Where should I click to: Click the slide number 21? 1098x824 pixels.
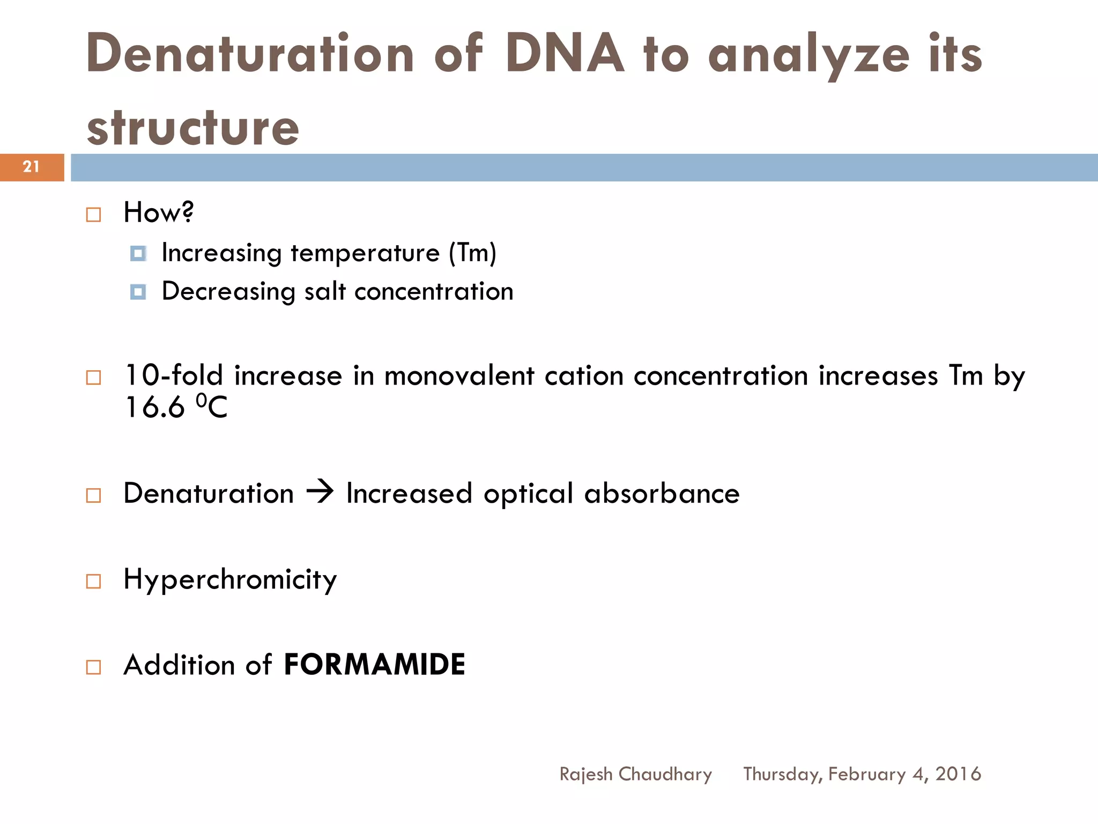pyautogui.click(x=31, y=167)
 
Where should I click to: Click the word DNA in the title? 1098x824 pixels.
pyautogui.click(x=565, y=54)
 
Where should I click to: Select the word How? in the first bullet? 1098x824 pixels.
pyautogui.click(x=158, y=212)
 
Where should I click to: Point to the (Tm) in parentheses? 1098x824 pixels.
pyautogui.click(x=472, y=253)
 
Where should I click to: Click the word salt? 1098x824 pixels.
pyautogui.click(x=324, y=291)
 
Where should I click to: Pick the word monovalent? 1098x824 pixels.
pyautogui.click(x=459, y=375)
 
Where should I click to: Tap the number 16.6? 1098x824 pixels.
pyautogui.click(x=154, y=407)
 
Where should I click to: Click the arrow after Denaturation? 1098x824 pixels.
pyautogui.click(x=320, y=492)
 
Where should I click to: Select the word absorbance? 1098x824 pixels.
pyautogui.click(x=662, y=493)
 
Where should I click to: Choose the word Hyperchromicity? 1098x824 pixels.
pyautogui.click(x=230, y=579)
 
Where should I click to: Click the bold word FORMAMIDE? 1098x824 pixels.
pyautogui.click(x=374, y=665)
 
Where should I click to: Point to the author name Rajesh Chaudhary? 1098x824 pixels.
pyautogui.click(x=635, y=774)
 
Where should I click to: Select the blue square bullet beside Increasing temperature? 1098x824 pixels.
pyautogui.click(x=138, y=253)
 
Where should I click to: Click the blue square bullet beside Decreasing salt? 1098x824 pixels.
pyautogui.click(x=138, y=292)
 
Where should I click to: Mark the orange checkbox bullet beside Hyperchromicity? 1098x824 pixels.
pyautogui.click(x=93, y=581)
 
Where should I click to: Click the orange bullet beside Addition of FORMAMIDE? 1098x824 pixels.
pyautogui.click(x=93, y=667)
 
